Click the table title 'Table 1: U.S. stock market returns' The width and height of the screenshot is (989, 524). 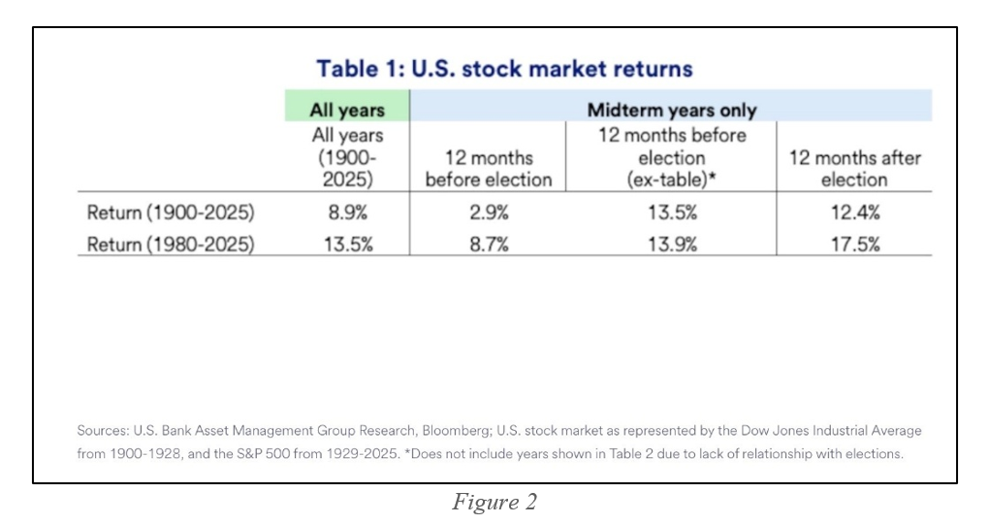504,69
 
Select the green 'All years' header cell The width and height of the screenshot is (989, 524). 346,110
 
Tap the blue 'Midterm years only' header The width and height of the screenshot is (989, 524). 671,110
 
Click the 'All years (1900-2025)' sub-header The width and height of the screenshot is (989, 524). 346,157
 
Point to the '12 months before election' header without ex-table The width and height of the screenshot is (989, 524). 488,168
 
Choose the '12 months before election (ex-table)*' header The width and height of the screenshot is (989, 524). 671,157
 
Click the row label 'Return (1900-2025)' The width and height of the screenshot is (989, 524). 171,213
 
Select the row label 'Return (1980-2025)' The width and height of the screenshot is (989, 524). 171,244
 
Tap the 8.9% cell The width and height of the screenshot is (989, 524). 346,213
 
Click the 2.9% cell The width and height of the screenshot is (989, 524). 488,213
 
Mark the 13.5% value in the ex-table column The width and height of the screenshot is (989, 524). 671,213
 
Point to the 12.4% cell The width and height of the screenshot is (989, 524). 854,213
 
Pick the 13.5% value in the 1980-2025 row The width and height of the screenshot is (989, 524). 346,244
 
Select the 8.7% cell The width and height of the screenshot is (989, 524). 488,244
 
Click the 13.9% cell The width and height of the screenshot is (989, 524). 671,244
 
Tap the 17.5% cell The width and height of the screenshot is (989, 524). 854,244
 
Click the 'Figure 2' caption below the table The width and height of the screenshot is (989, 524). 494,502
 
